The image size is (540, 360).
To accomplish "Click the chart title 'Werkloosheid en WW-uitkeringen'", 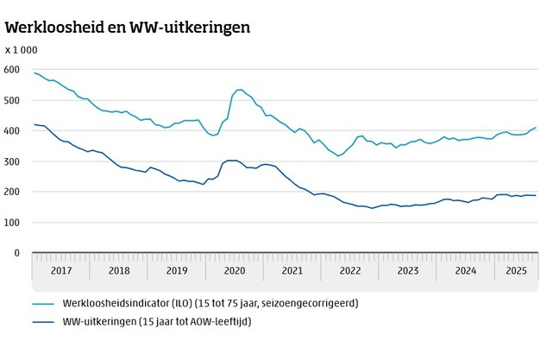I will click(x=128, y=27).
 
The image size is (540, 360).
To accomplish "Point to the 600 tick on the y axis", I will click(x=12, y=70).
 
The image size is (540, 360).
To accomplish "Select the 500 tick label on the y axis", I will click(x=12, y=100).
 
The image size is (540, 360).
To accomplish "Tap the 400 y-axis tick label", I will click(x=12, y=131).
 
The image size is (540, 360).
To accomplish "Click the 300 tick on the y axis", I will click(x=12, y=161).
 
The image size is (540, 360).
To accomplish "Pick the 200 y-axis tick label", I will click(x=12, y=192).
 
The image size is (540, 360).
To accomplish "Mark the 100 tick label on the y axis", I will click(x=12, y=223).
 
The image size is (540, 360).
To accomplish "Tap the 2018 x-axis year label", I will click(x=119, y=270).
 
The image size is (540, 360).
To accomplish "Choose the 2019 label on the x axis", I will click(x=177, y=270).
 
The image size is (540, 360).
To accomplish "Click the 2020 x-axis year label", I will click(x=235, y=270).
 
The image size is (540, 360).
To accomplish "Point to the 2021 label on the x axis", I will click(x=292, y=270).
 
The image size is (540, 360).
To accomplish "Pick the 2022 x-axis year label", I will click(x=349, y=270).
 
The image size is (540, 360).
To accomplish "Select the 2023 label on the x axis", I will click(x=407, y=270).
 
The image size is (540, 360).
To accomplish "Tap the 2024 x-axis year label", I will click(x=465, y=270).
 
